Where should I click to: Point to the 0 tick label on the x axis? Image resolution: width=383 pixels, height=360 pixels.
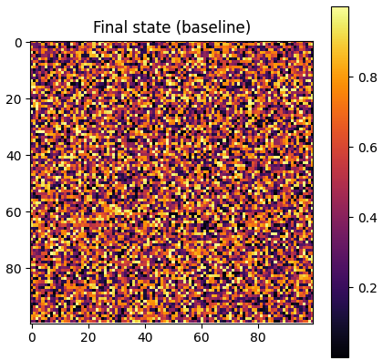tap(32, 337)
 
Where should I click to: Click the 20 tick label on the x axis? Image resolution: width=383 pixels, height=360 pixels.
tap(88, 337)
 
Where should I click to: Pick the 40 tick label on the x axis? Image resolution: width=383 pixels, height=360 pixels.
tap(145, 337)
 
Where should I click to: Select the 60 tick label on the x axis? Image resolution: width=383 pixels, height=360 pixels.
tap(202, 337)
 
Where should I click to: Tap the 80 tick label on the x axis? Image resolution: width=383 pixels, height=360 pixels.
tap(258, 337)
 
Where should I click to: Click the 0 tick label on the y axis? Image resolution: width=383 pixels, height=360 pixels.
tap(18, 43)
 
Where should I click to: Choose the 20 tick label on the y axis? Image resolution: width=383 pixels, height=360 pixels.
tap(15, 99)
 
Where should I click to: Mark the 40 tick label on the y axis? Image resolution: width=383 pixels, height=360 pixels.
tap(15, 156)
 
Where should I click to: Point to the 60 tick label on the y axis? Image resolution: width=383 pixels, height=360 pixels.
tap(15, 212)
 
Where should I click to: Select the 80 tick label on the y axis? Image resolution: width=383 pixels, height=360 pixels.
tap(15, 269)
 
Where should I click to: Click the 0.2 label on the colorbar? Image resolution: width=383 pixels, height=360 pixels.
tap(367, 287)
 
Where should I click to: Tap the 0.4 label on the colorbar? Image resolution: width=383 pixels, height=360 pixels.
tap(367, 217)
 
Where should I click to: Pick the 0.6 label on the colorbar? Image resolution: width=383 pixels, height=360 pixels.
tap(367, 148)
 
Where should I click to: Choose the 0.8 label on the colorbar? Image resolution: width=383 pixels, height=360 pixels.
tap(367, 77)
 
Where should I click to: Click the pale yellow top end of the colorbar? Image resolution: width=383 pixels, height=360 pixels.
tap(339, 10)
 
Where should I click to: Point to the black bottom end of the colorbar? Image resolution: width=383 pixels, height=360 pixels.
tap(339, 354)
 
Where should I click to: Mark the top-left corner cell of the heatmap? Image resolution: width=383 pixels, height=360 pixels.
tap(32, 43)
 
